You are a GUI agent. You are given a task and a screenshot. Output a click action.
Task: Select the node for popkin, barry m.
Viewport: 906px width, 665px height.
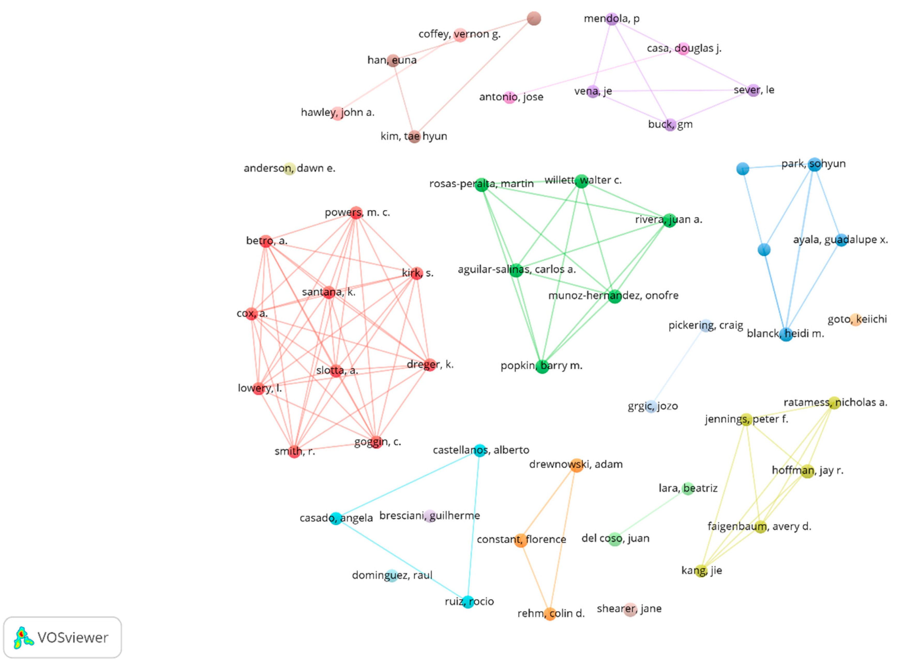pyautogui.click(x=542, y=366)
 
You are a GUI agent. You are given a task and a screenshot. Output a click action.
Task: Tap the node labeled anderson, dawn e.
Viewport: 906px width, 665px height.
pyautogui.click(x=289, y=169)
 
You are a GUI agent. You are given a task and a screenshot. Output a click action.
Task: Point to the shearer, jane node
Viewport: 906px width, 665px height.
pyautogui.click(x=630, y=609)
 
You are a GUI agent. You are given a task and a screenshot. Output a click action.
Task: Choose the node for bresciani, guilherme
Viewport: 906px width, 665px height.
pyautogui.click(x=430, y=516)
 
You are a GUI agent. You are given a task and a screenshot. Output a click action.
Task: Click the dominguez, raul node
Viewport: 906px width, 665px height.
pyautogui.click(x=392, y=576)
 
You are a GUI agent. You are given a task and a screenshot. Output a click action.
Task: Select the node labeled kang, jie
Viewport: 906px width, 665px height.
pyautogui.click(x=701, y=571)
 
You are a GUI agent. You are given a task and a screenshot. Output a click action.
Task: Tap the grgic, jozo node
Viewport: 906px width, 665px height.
pyautogui.click(x=651, y=407)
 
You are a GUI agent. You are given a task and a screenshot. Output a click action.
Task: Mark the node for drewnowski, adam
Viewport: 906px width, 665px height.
pyautogui.click(x=577, y=465)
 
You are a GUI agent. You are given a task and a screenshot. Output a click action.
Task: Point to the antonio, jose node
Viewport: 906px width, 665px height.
pyautogui.click(x=510, y=98)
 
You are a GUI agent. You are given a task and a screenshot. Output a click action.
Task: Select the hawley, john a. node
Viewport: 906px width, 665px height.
pyautogui.click(x=337, y=113)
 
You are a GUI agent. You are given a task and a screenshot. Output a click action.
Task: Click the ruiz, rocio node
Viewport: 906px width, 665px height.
pyautogui.click(x=467, y=602)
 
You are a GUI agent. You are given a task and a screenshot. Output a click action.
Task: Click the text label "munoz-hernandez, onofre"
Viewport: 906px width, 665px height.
pyautogui.click(x=613, y=296)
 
